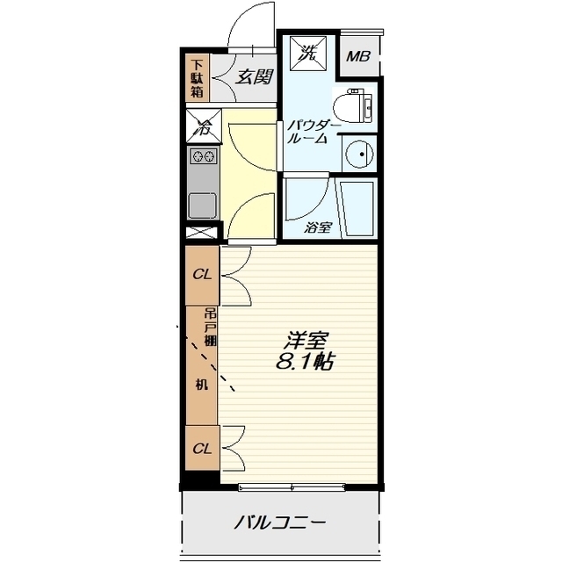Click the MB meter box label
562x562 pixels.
coord(357,57)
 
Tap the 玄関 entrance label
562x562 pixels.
coord(252,76)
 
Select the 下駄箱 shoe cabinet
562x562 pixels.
coord(198,76)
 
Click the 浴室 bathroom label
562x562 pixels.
coord(318,227)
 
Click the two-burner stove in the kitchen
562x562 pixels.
coord(203,157)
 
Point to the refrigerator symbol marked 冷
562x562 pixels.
coord(202,126)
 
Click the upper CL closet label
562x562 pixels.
coord(202,274)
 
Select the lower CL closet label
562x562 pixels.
coord(202,449)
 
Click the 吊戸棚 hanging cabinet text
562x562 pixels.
coord(211,328)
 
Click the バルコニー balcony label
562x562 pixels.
coord(280,523)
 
